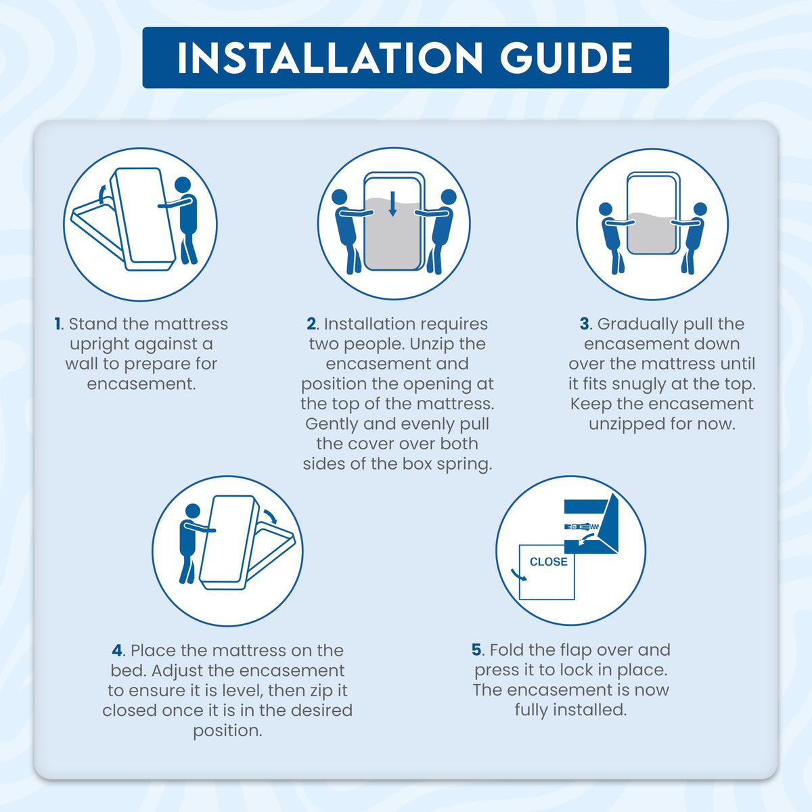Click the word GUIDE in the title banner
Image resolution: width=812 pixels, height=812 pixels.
[x=566, y=58]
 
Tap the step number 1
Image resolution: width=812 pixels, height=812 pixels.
[x=58, y=324]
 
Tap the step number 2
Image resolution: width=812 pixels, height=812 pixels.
[x=311, y=324]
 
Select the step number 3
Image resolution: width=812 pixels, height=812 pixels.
[x=584, y=324]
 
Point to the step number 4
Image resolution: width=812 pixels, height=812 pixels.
[x=117, y=650]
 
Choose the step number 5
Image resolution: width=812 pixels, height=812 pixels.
[x=476, y=650]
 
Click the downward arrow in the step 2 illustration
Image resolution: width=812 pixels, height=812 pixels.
[x=392, y=204]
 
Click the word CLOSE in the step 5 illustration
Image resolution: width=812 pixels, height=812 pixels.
[x=548, y=562]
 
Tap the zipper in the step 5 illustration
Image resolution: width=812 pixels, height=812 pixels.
[x=581, y=526]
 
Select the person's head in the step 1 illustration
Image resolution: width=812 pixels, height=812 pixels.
[x=183, y=185]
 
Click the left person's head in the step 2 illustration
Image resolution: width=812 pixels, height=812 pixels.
[x=339, y=197]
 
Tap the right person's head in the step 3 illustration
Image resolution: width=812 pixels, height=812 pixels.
[x=700, y=209]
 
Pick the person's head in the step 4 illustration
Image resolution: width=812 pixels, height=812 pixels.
[x=193, y=511]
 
